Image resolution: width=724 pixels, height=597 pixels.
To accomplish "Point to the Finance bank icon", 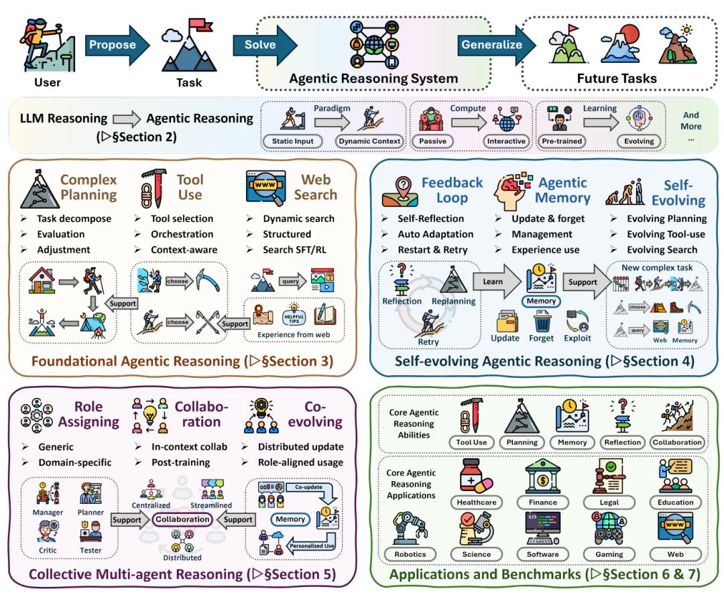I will coord(544,476).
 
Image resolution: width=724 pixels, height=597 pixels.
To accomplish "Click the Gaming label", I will coord(609,554).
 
